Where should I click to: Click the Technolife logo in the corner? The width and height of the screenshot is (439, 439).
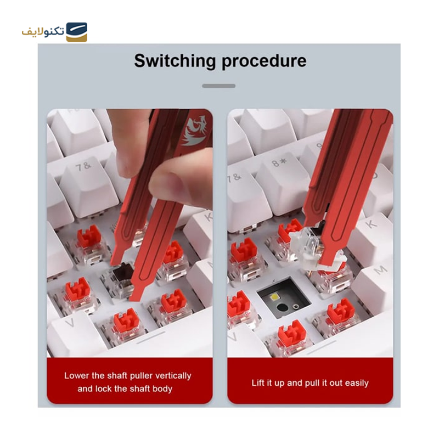click(55, 32)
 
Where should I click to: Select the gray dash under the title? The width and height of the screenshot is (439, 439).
click(218, 86)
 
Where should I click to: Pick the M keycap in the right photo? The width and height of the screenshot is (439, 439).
click(379, 274)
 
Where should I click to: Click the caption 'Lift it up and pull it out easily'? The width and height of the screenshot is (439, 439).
click(310, 382)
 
